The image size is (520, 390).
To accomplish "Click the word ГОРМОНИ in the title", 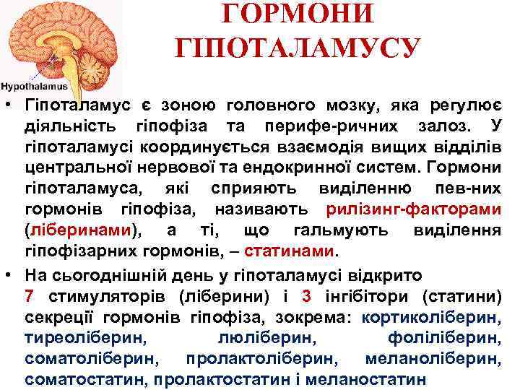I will pos(297,14).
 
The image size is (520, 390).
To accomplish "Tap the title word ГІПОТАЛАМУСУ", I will pos(297,48).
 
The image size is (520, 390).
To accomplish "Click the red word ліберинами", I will pos(80,231).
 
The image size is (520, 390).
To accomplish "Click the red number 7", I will pos(29,295).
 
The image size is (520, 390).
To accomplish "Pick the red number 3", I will pos(306,295).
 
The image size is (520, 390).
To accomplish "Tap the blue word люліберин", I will pos(266,337).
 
